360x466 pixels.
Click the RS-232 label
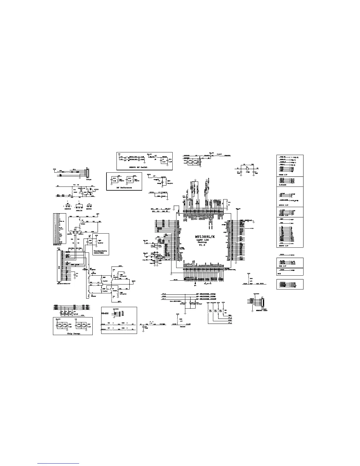105,313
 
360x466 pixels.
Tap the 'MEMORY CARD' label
261,310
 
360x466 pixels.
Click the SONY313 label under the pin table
57,244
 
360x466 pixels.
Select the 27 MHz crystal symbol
248,169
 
